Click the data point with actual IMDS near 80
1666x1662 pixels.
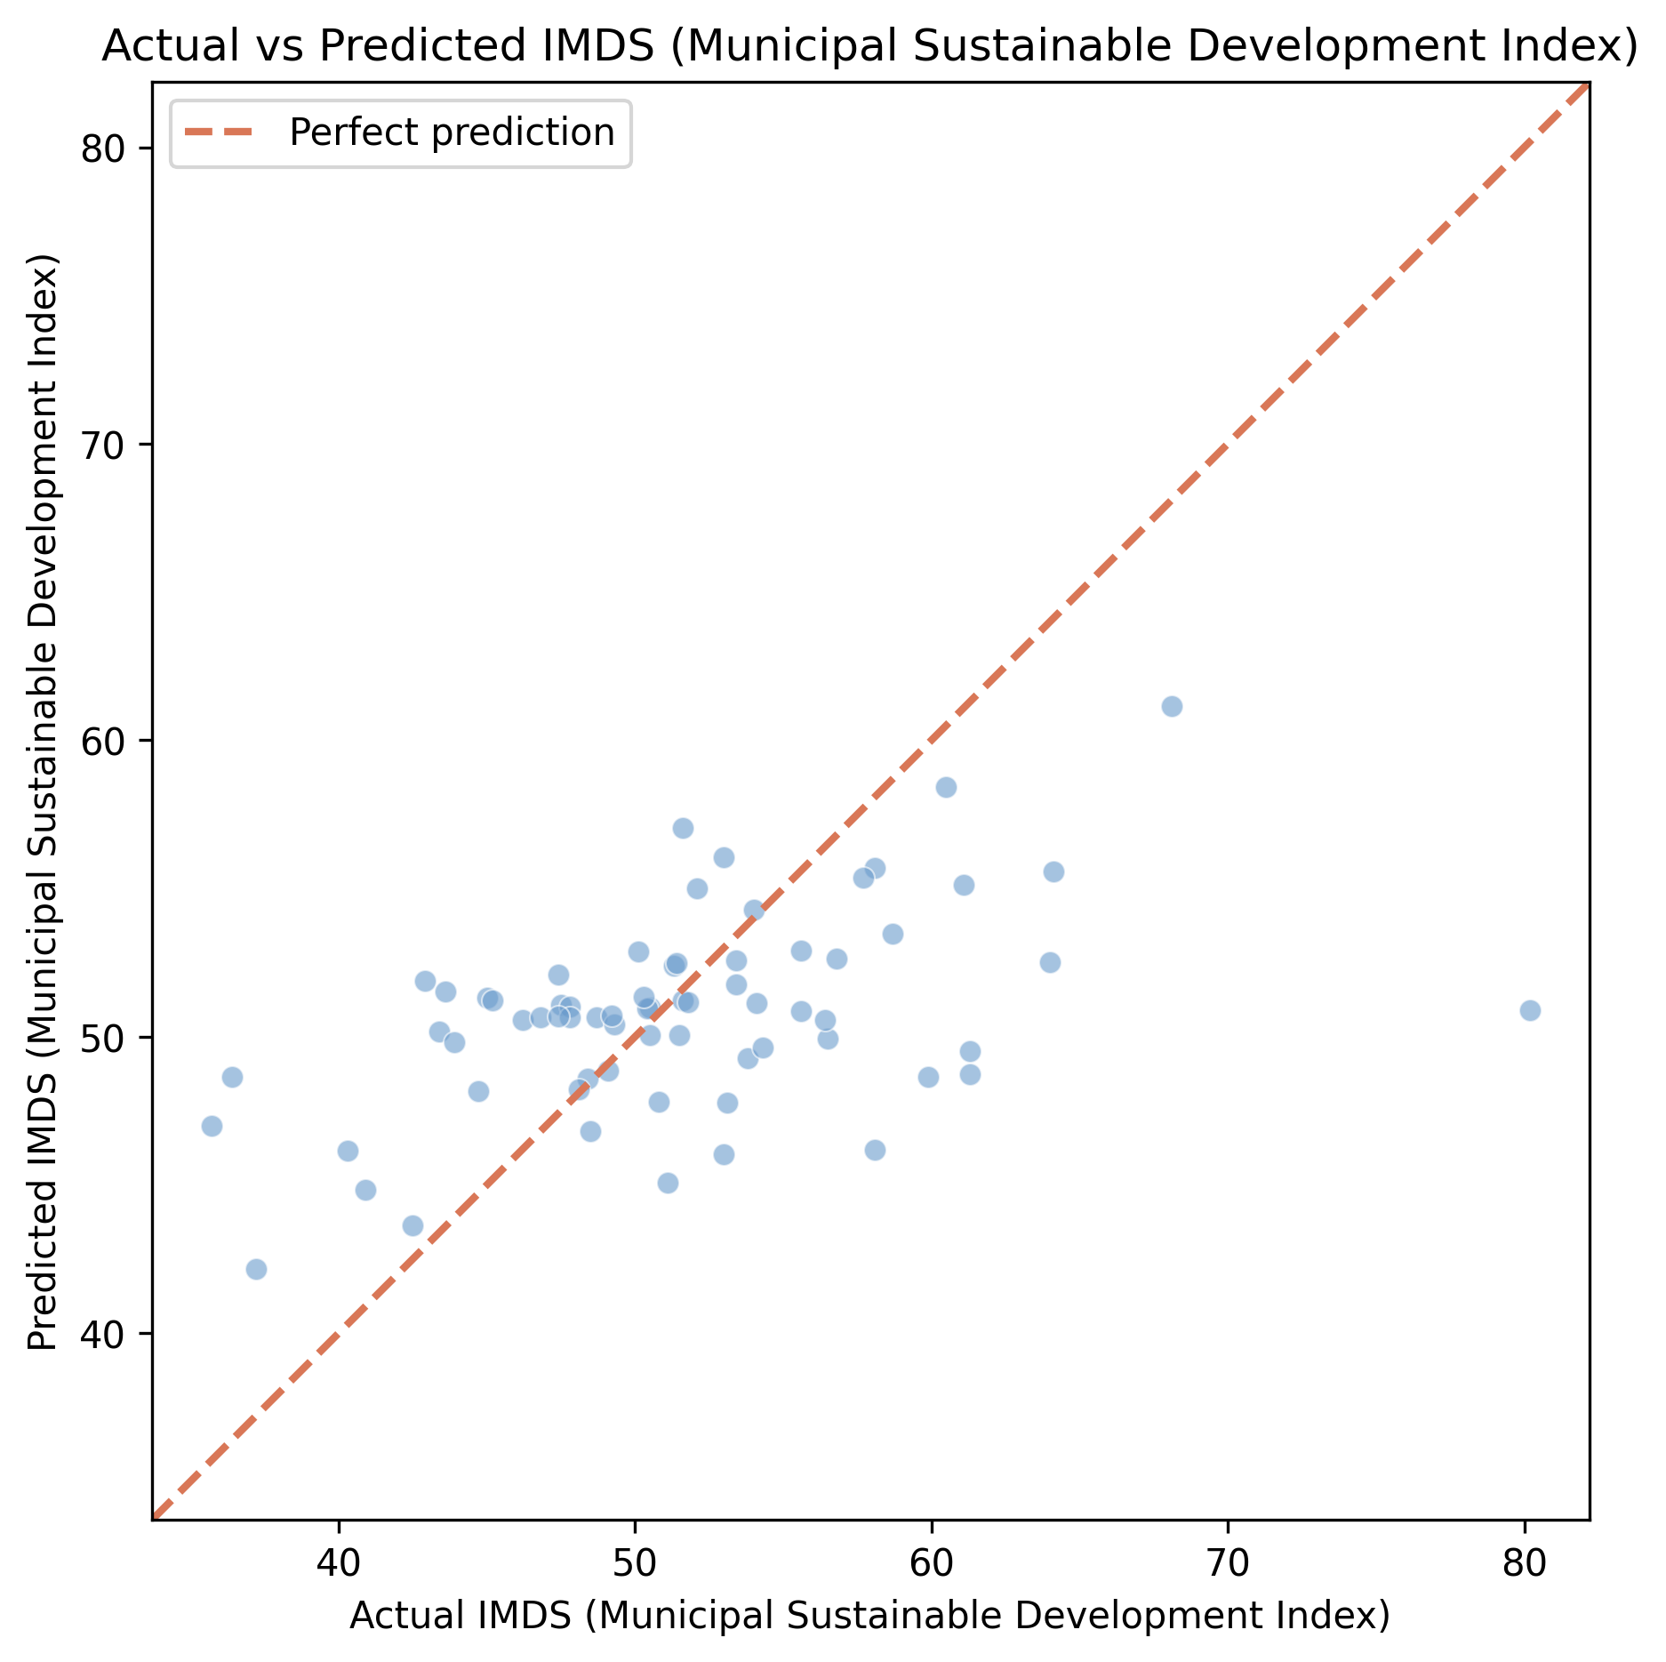click(1529, 1010)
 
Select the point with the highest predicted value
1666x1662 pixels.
click(1172, 706)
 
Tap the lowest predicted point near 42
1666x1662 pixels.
click(256, 1269)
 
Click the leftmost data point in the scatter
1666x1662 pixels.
click(212, 1126)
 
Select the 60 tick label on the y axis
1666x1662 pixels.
click(105, 741)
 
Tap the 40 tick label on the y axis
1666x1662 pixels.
click(105, 1334)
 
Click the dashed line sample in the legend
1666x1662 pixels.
click(219, 132)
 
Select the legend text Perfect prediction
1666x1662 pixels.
click(452, 132)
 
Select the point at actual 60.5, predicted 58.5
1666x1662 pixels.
click(946, 787)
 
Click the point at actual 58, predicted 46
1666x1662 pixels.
click(875, 1150)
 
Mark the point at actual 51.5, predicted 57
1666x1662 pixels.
click(683, 828)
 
